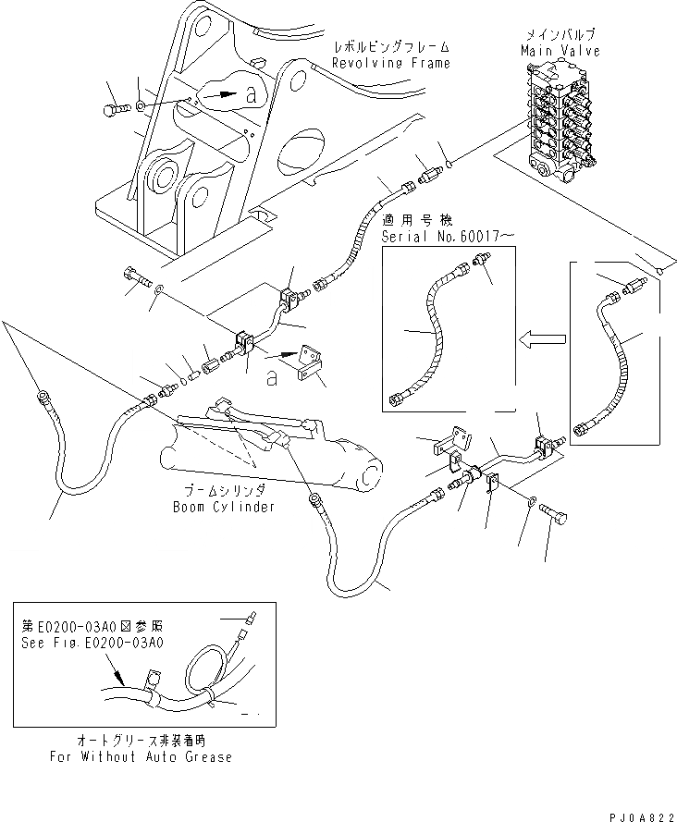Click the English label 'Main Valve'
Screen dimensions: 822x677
pos(560,51)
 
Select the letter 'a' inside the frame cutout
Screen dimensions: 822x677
pos(249,92)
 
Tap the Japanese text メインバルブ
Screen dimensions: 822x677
pos(560,36)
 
